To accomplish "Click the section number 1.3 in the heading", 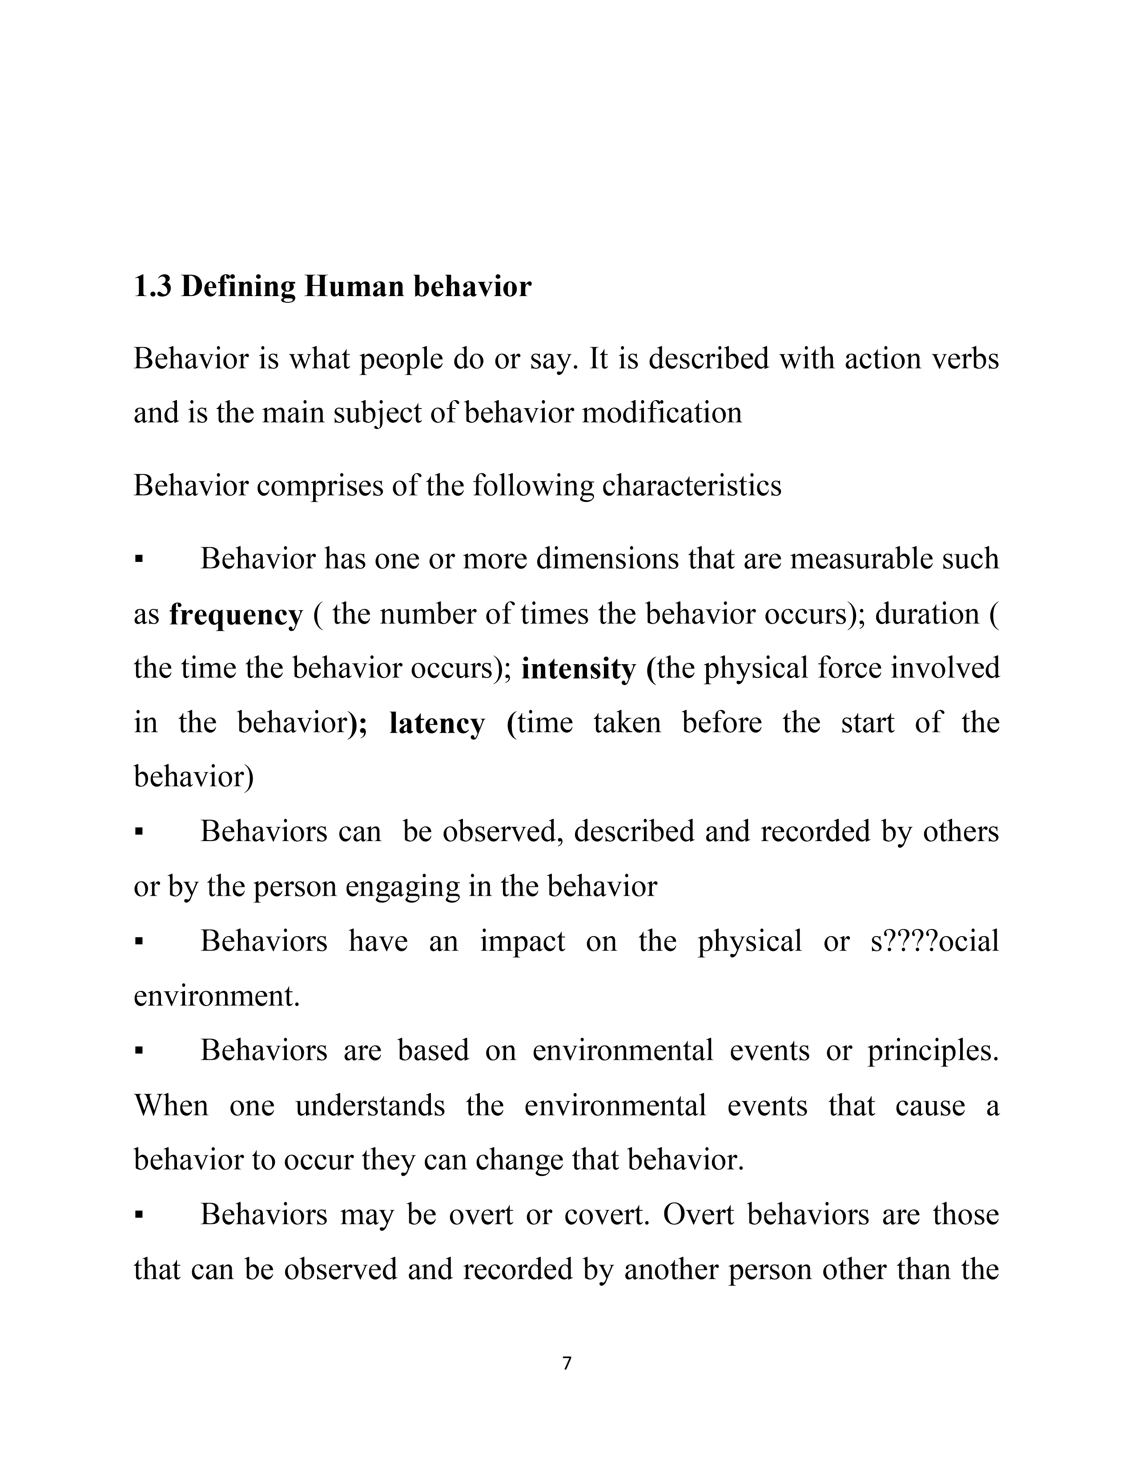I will [153, 287].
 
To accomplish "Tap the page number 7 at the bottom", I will [566, 1363].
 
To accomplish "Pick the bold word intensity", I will [578, 669].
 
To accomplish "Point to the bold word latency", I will [437, 723].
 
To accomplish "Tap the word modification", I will [662, 413].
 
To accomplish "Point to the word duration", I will [927, 614].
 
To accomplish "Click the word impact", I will [523, 941].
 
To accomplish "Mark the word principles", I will [933, 1050].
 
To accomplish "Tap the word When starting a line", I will [171, 1105].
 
